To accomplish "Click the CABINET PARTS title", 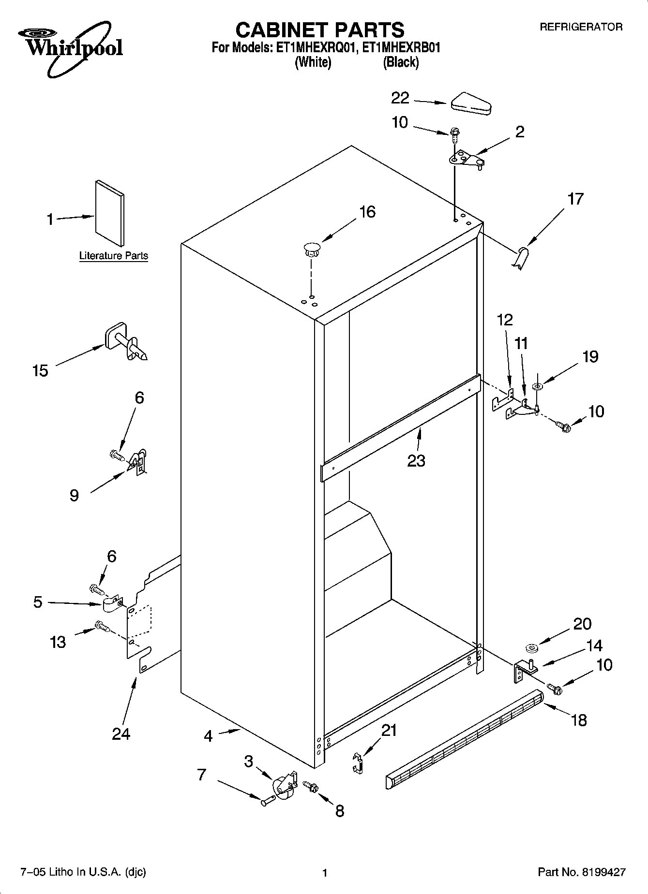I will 319,30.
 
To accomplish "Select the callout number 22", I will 400,98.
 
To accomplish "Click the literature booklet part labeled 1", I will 109,213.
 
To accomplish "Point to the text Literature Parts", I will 114,256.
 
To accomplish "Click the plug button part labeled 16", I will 312,250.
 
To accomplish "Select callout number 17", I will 575,199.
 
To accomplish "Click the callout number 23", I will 416,461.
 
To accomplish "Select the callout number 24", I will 121,734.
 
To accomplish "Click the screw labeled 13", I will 102,627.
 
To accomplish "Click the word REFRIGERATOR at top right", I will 581,27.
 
